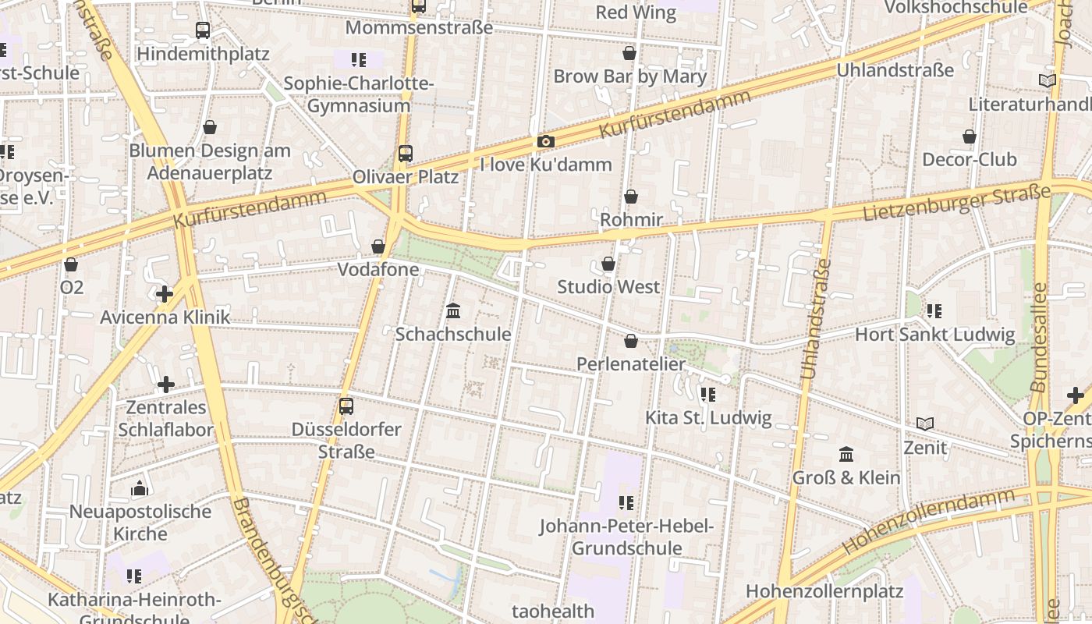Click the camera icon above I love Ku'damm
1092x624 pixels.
tap(545, 141)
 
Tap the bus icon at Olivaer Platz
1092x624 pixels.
tap(405, 154)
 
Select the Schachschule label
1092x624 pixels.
tap(452, 334)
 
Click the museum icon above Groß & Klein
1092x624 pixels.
tap(846, 454)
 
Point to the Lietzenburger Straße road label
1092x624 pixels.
tap(956, 203)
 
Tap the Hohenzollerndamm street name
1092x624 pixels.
tap(928, 521)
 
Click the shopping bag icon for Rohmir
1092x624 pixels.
tap(630, 197)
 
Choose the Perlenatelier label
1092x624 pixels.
tap(631, 363)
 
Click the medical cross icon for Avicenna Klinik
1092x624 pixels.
tap(165, 294)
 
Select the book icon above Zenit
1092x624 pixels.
tap(925, 424)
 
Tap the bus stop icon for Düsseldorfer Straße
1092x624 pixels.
tap(346, 406)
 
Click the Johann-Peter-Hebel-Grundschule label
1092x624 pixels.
tap(626, 537)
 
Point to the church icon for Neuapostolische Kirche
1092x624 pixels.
tap(140, 488)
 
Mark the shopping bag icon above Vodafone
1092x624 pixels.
tap(378, 246)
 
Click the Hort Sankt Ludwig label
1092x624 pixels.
tap(934, 335)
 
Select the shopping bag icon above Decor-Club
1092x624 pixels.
tap(969, 136)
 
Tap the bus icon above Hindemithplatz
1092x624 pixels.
tap(203, 30)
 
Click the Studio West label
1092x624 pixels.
tap(608, 286)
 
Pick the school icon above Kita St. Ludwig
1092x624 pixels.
tap(707, 395)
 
